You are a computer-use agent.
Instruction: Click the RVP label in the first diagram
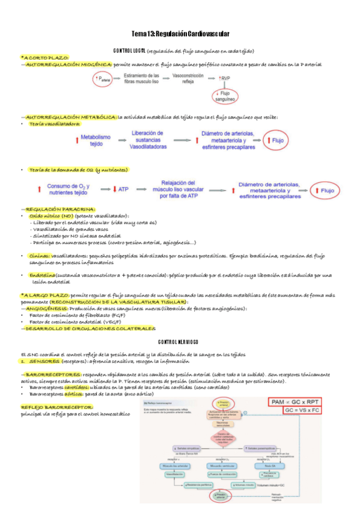click(x=225, y=78)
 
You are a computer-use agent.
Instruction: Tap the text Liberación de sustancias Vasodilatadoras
click(x=147, y=140)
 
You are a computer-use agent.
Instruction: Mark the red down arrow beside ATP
click(x=115, y=189)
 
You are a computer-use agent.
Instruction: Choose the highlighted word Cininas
click(x=39, y=256)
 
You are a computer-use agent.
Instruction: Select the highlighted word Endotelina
click(x=42, y=275)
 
